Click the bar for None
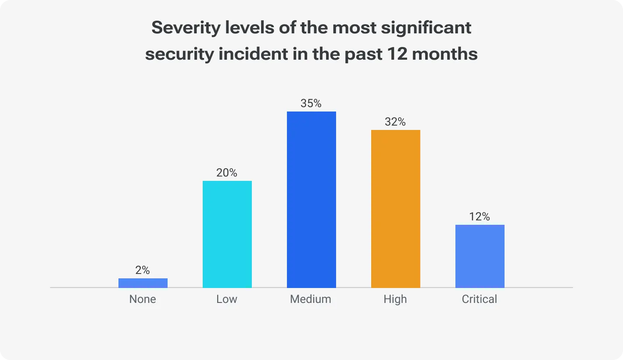pos(143,283)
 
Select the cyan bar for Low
pos(227,234)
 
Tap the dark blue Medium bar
pos(311,200)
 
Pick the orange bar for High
pos(396,209)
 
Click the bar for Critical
pos(480,256)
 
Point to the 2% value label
pos(143,270)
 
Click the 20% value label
pos(227,173)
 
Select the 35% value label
pos(311,104)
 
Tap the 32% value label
pos(395,122)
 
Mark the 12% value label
pos(480,217)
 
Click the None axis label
pos(143,299)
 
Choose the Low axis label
pos(227,299)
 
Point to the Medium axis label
pos(311,299)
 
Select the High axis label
pos(395,299)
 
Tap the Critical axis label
pos(480,299)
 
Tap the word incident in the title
pos(251,54)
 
